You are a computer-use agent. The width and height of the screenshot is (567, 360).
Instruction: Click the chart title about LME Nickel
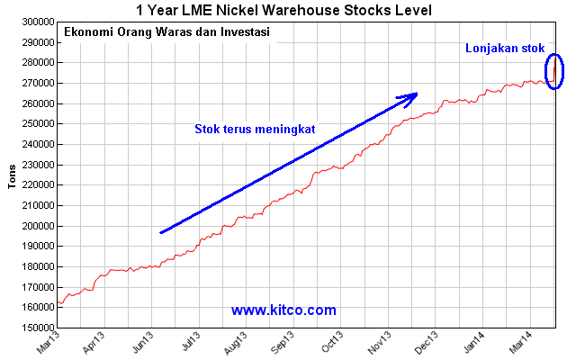(283, 10)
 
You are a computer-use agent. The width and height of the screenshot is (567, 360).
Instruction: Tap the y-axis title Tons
(12, 176)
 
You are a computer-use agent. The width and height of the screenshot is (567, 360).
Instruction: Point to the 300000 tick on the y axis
(39, 22)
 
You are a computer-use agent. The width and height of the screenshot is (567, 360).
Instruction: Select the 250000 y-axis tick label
(39, 123)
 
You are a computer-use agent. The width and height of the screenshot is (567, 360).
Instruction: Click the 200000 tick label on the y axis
(39, 226)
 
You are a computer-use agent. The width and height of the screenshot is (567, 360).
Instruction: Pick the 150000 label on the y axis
(39, 328)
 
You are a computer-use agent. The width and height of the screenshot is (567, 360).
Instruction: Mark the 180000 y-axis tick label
(39, 266)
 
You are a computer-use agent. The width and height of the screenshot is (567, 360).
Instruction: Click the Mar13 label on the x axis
(48, 342)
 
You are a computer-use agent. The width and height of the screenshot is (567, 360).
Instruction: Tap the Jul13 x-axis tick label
(191, 341)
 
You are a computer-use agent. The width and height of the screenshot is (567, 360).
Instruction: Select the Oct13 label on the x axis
(332, 342)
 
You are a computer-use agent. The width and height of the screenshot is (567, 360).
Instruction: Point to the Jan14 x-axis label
(474, 342)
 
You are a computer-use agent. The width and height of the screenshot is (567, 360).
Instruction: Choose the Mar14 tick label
(521, 342)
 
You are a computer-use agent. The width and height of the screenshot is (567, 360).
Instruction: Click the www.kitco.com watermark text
(283, 310)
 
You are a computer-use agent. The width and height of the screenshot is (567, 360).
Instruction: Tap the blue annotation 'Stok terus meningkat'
(255, 129)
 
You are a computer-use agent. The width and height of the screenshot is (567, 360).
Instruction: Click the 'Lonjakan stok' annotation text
(505, 48)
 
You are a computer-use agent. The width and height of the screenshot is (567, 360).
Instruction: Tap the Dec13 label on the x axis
(427, 342)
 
